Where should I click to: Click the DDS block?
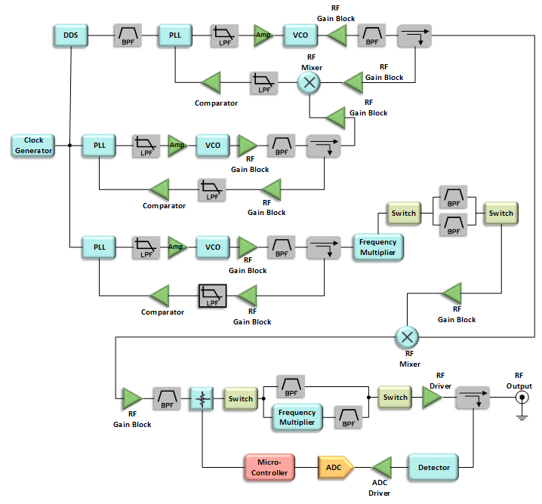coord(70,35)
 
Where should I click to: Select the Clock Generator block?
coord(33,146)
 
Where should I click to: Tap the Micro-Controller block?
coord(269,467)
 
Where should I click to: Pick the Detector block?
coord(433,467)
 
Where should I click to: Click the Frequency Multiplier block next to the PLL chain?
coord(378,247)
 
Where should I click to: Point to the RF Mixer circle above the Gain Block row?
coord(407,337)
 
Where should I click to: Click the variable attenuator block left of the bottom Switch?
coord(202,398)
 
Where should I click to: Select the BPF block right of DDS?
coord(127,35)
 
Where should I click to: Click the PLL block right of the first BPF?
coord(174,35)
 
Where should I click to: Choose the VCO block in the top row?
coord(296,35)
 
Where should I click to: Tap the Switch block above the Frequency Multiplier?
coord(404,214)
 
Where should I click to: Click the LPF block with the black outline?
coord(213,296)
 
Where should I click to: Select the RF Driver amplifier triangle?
coord(433,398)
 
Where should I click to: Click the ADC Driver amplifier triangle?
coord(382,467)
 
